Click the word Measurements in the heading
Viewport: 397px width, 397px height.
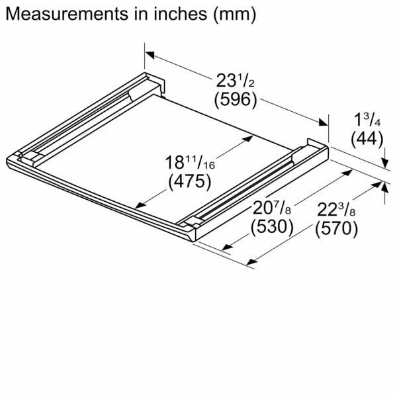pyautogui.click(x=67, y=14)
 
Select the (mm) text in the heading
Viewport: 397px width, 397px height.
pyautogui.click(x=235, y=15)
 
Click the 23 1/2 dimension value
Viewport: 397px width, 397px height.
pyautogui.click(x=235, y=81)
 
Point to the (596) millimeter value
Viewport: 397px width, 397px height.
pyautogui.click(x=236, y=99)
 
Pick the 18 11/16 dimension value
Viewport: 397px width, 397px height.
pyautogui.click(x=190, y=163)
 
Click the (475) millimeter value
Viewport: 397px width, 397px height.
pyautogui.click(x=190, y=181)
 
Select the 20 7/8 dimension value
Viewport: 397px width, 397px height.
pyautogui.click(x=272, y=208)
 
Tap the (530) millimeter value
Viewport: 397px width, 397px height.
pyautogui.click(x=272, y=227)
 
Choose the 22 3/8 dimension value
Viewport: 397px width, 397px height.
pyautogui.click(x=336, y=210)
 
